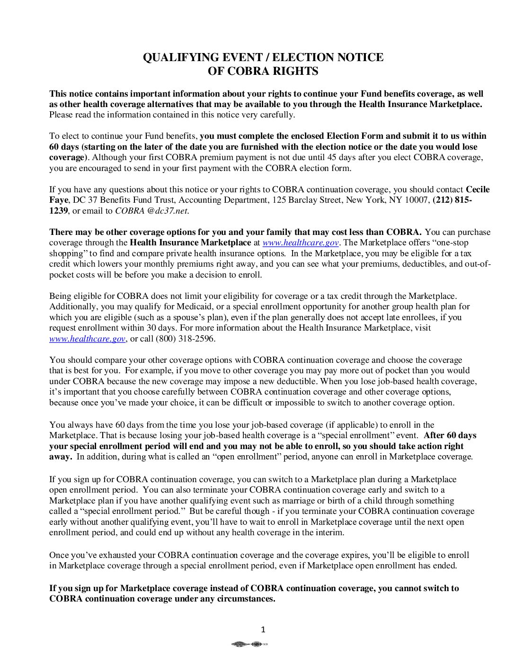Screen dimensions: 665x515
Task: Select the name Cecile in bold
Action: pyautogui.click(x=478, y=189)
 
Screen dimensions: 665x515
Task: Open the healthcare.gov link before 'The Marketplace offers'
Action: pyautogui.click(x=301, y=243)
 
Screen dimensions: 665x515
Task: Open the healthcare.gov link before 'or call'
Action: pyautogui.click(x=87, y=339)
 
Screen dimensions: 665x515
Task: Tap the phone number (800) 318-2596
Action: pyautogui.click(x=186, y=339)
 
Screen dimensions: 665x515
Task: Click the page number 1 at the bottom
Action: pyautogui.click(x=263, y=629)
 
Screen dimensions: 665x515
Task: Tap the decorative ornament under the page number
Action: pyautogui.click(x=249, y=644)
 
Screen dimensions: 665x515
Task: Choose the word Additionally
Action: pyautogui.click(x=72, y=306)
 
